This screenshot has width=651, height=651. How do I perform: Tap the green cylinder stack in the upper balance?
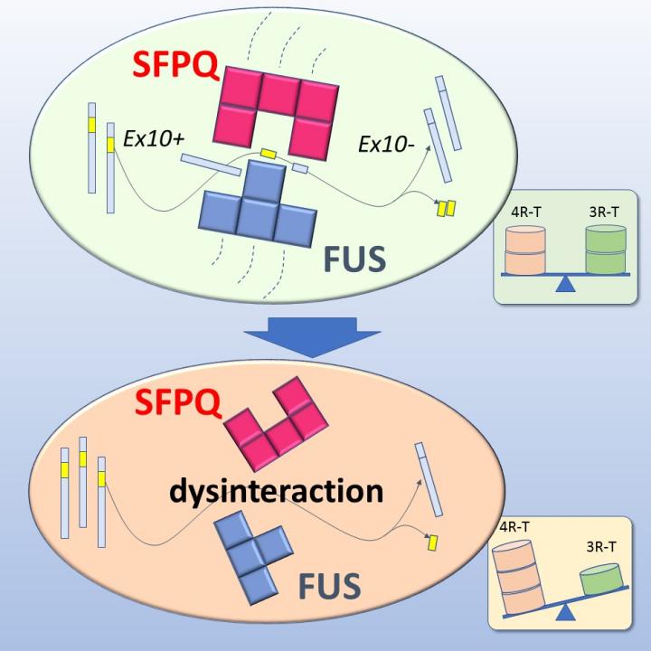tap(606, 250)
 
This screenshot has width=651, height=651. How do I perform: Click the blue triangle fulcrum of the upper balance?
tap(566, 286)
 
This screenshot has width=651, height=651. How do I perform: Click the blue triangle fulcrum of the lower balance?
tap(566, 615)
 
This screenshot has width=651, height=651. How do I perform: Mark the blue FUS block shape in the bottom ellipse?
tap(258, 556)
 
